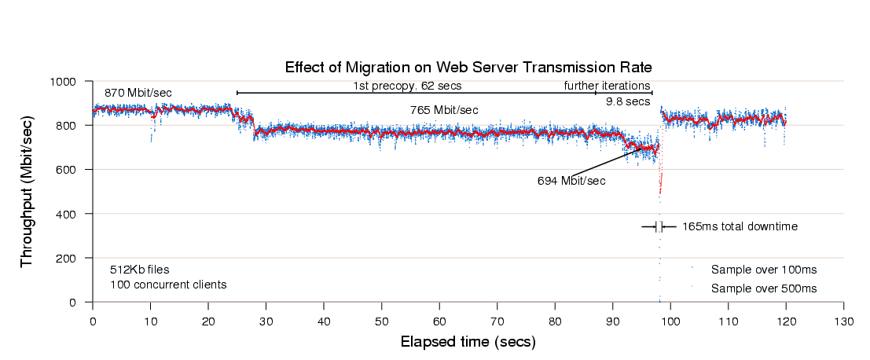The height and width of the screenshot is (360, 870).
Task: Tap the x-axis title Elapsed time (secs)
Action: tap(468, 342)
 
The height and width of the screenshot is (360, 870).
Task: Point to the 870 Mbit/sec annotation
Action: tap(138, 93)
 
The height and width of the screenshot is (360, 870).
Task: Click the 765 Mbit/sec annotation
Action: tap(444, 110)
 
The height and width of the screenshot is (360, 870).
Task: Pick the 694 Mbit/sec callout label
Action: tap(571, 181)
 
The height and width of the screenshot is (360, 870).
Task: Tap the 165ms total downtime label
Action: tap(740, 226)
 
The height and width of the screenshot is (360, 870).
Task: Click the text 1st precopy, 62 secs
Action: tap(406, 85)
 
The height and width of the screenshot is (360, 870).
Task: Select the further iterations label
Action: tap(607, 85)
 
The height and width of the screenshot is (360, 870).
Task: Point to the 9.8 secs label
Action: tap(627, 101)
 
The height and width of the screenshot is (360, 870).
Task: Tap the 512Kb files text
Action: tap(139, 269)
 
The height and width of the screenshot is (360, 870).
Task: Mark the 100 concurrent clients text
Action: tap(167, 285)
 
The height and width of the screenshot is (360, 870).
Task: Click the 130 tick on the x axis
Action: tap(843, 321)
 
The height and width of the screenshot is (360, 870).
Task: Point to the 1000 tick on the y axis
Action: tap(62, 82)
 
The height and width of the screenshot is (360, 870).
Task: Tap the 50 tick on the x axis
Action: tap(381, 321)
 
